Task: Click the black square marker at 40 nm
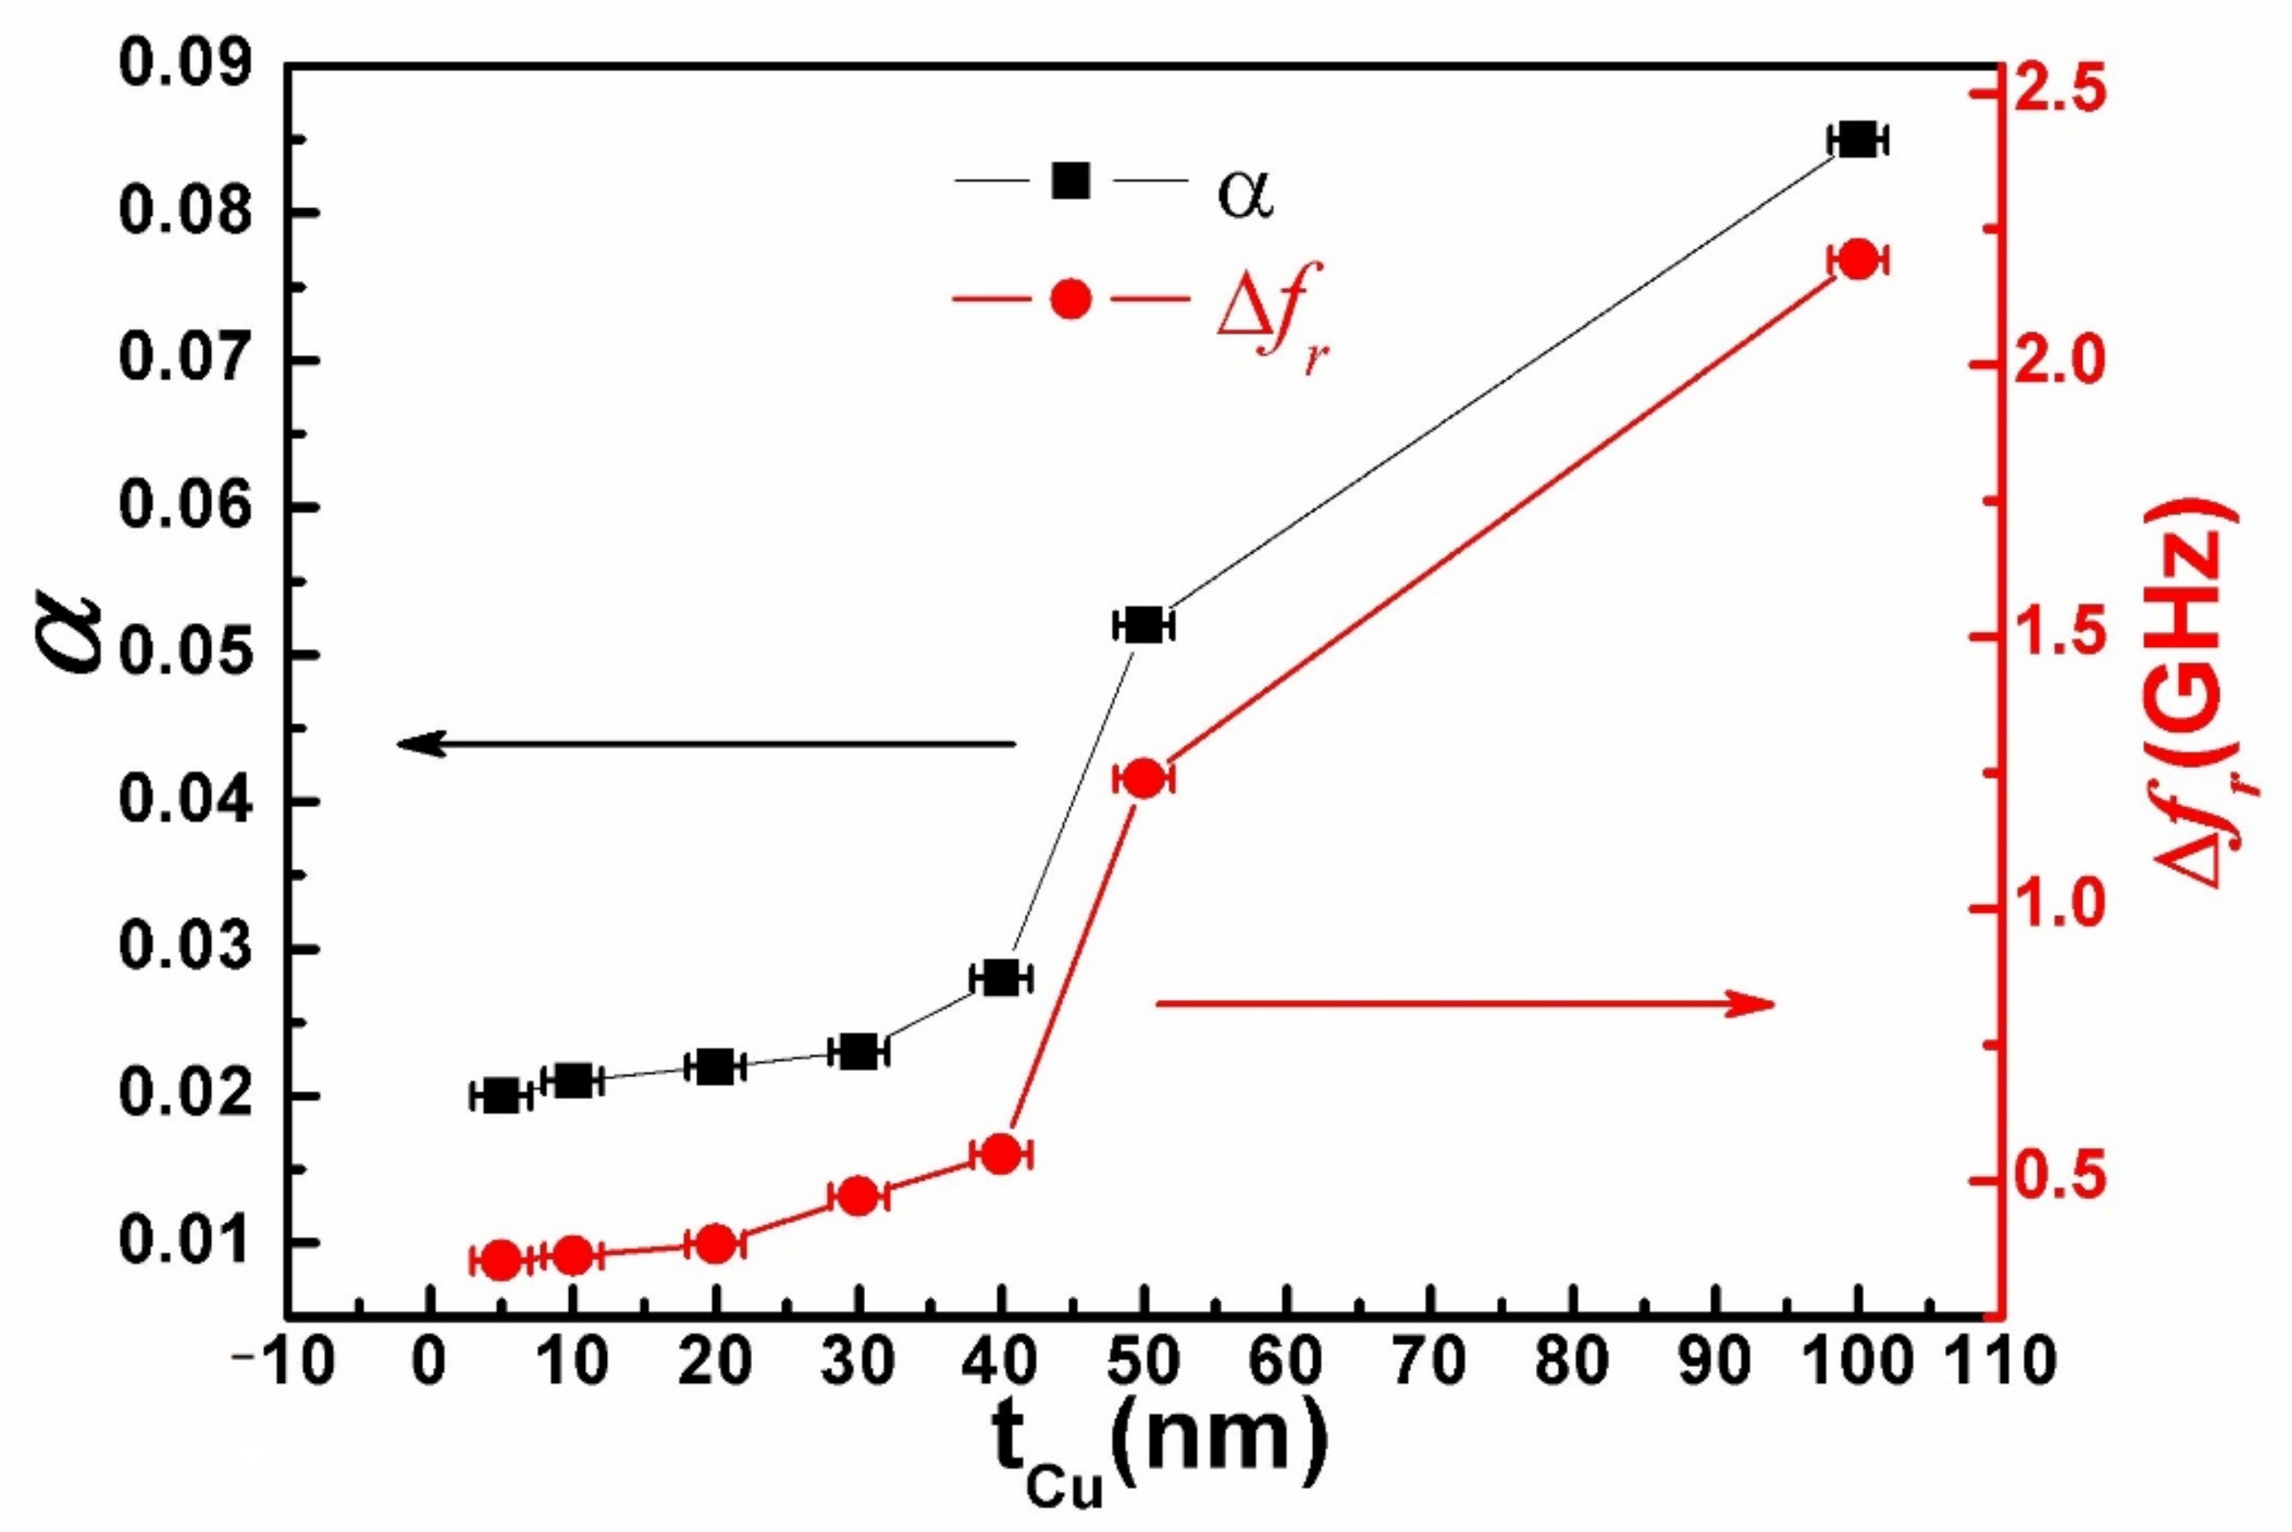(1000, 977)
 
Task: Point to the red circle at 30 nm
(859, 1196)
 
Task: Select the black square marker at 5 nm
(501, 1096)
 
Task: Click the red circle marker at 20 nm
(715, 1243)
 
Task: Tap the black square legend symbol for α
(1071, 180)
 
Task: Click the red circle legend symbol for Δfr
(1071, 299)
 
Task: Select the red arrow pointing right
(1465, 1004)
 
